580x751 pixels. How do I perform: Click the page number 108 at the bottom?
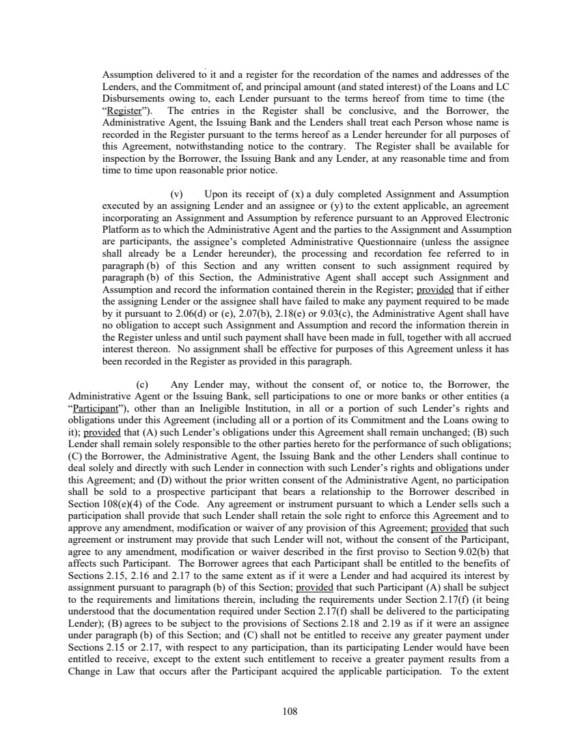[290, 711]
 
